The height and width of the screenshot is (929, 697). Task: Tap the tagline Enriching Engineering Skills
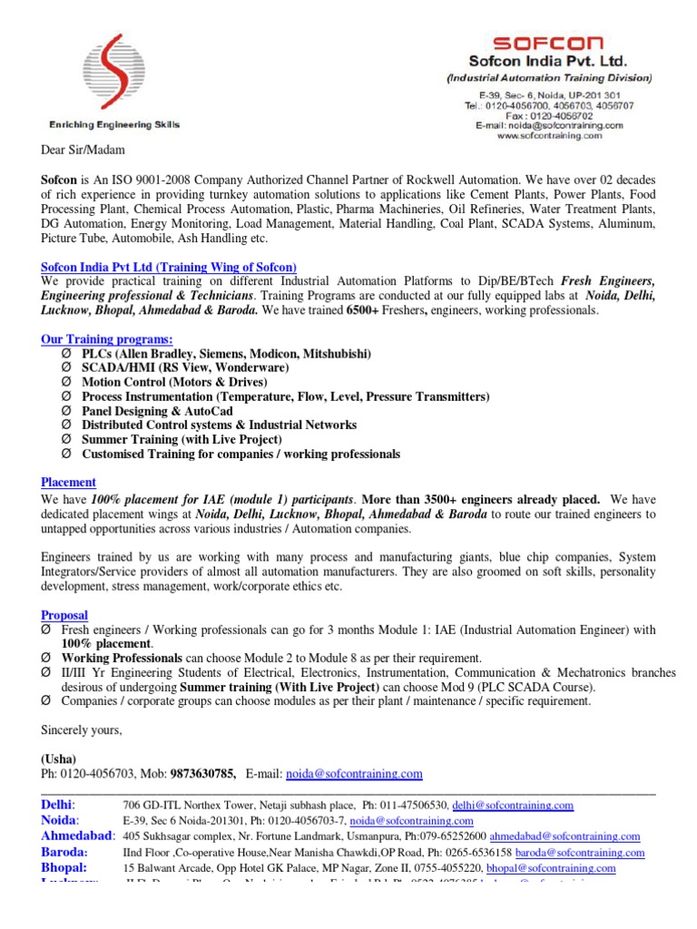(113, 124)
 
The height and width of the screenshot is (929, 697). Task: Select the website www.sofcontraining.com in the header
(549, 135)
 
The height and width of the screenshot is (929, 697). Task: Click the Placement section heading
(69, 482)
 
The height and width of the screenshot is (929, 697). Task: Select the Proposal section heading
(66, 614)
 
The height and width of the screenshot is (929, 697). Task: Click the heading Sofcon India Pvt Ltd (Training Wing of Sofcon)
(169, 267)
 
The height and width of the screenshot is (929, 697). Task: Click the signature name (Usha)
(59, 758)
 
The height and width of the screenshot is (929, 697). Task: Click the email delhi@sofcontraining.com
(513, 805)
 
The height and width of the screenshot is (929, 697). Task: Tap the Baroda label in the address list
(64, 853)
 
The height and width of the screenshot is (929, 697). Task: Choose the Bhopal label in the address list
(64, 868)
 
